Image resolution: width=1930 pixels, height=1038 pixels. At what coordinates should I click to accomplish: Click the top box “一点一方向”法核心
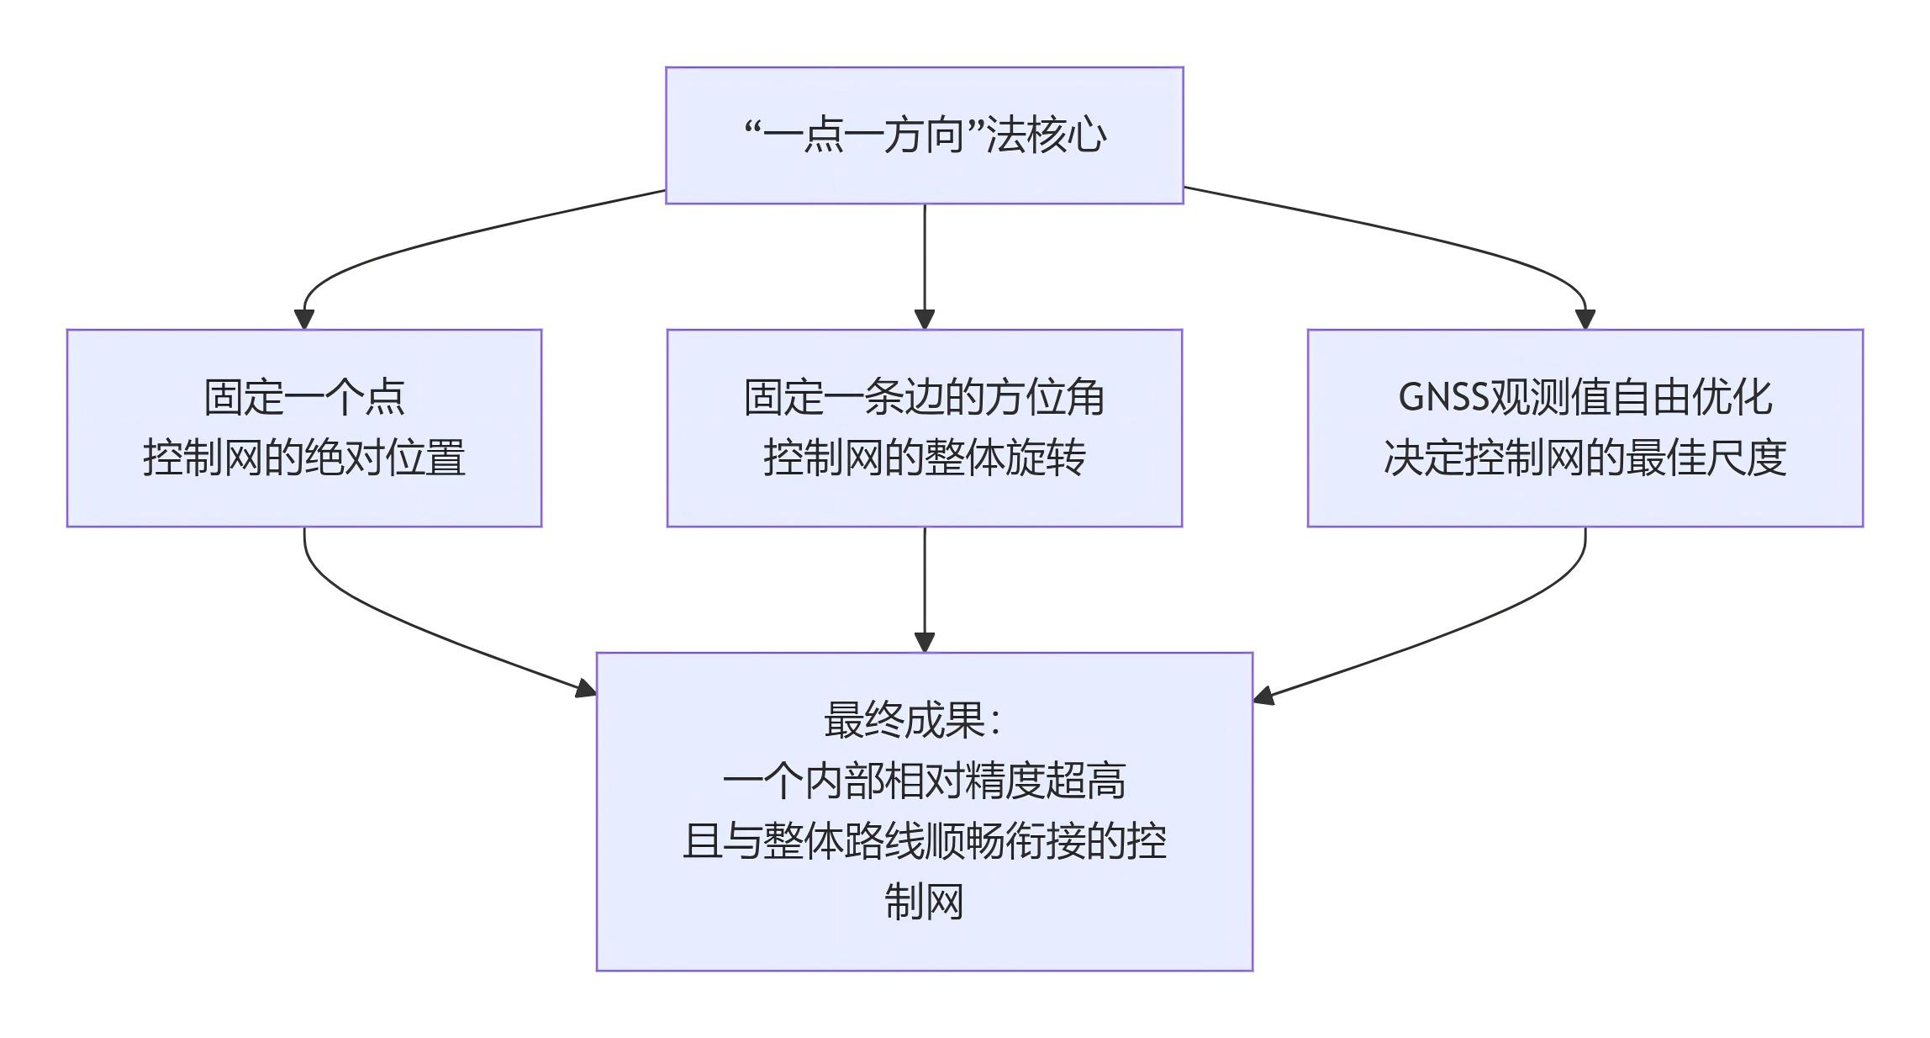click(924, 135)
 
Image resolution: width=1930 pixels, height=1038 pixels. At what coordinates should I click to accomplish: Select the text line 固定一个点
click(304, 397)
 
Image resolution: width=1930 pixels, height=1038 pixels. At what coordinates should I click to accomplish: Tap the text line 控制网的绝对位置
click(304, 458)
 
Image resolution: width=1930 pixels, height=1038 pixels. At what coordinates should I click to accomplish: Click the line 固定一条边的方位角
click(924, 397)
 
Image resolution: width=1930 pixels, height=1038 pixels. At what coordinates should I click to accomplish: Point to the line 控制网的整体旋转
click(924, 458)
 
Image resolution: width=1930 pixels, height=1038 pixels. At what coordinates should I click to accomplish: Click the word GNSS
click(1442, 397)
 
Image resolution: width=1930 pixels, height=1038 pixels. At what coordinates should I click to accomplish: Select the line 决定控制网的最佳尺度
click(1585, 458)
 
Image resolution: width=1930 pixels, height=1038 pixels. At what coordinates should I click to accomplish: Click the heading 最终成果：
click(912, 720)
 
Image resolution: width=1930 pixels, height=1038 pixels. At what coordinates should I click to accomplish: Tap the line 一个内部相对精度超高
click(924, 781)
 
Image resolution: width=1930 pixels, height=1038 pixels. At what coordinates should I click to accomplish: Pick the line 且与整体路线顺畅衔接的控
click(924, 841)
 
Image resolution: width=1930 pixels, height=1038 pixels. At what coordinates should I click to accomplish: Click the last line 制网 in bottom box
click(924, 902)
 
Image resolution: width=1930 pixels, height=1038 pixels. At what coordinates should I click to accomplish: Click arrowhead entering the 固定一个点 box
click(304, 320)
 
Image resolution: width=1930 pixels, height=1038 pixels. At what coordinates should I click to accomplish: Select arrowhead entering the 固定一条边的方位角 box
click(925, 320)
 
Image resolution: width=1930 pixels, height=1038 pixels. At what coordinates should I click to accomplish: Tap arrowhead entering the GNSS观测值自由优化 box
click(1585, 320)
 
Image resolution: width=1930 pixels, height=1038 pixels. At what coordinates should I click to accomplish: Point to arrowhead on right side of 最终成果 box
click(1263, 696)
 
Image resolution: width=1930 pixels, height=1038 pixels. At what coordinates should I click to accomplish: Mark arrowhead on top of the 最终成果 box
click(925, 642)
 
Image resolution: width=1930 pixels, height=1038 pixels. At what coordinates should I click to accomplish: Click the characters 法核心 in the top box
click(1047, 135)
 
